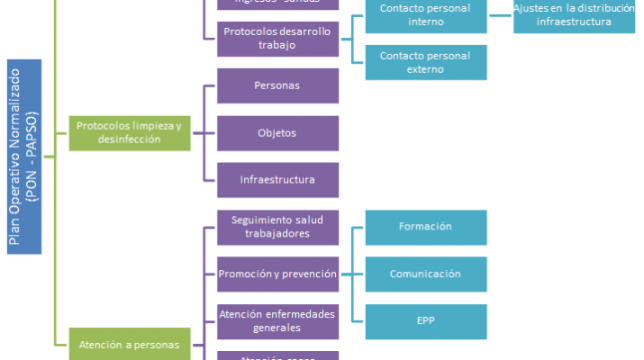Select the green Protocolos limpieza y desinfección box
coord(130,133)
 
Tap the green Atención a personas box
coord(130,344)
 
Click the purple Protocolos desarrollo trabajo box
coord(277,38)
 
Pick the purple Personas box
coord(277,85)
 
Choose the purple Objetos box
coord(277,133)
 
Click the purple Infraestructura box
coord(277,180)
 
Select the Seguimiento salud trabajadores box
coord(277,227)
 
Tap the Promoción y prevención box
coord(277,274)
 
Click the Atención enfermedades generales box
coord(277,320)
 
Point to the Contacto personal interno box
coord(426,15)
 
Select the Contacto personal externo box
coord(426,62)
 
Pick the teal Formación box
coord(426,227)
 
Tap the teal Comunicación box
coord(426,274)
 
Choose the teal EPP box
coord(426,320)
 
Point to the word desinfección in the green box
coord(130,139)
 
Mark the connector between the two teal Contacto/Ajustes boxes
coord(500,15)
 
